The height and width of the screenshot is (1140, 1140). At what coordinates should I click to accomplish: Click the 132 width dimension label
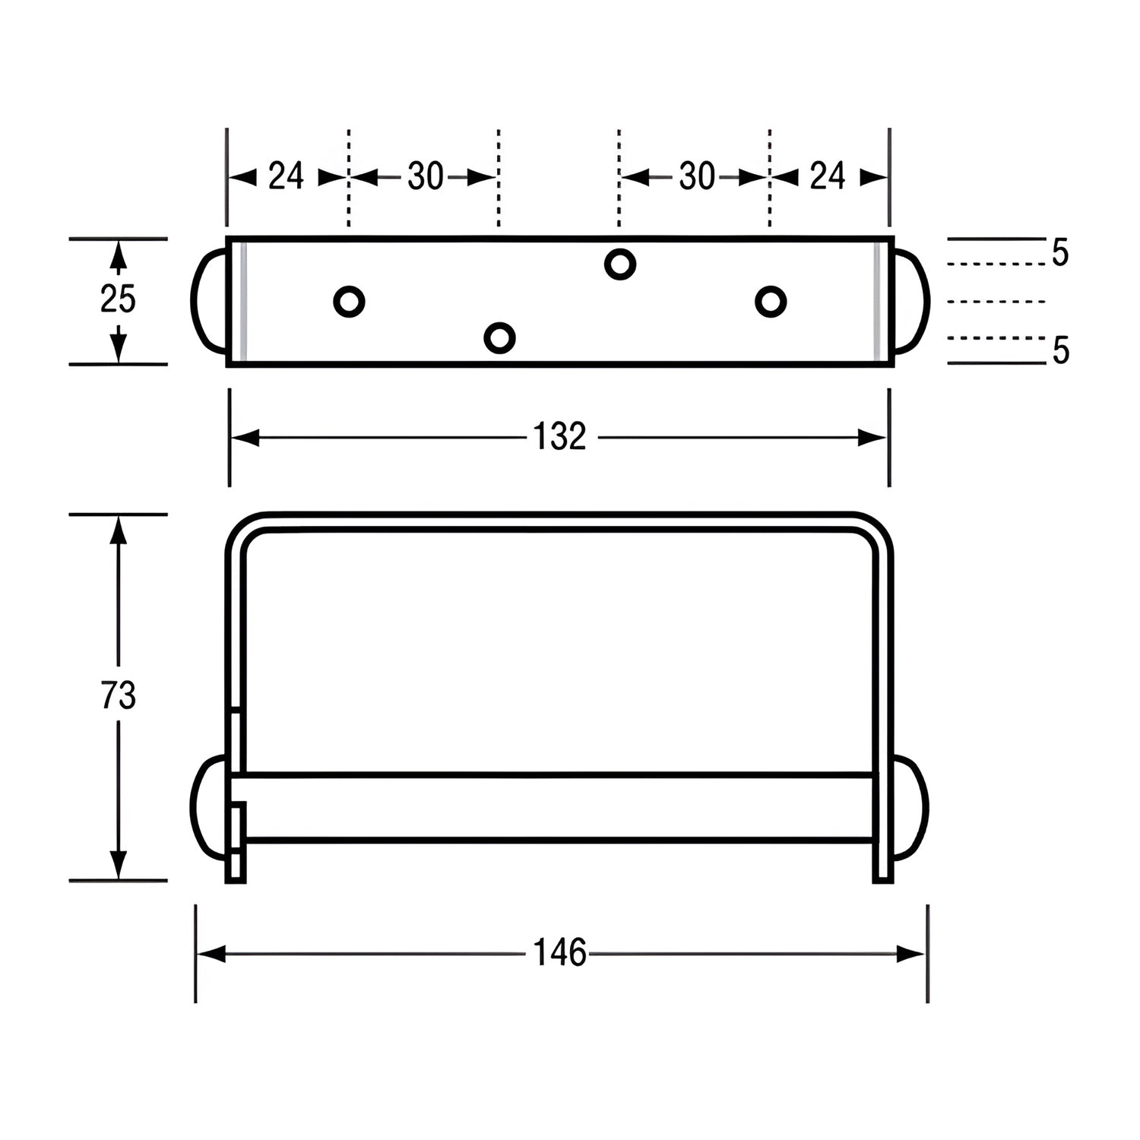pos(559,438)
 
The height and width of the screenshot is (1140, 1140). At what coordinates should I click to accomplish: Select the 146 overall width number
pos(559,953)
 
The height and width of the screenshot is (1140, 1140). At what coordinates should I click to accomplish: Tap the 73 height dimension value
pos(118,696)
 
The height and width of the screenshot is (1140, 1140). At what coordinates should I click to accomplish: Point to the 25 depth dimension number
pos(118,299)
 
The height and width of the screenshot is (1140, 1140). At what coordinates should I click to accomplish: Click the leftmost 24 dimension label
pos(287,177)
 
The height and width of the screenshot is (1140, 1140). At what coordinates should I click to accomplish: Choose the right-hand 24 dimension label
pos(828,177)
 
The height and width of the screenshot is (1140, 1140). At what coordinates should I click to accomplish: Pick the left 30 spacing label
pos(425,177)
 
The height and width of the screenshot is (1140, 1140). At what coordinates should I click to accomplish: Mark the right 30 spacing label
pos(696,177)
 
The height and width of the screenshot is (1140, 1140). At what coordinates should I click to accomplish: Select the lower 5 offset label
pos(1060,351)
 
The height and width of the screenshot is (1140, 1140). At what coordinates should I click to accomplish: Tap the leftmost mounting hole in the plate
pos(349,302)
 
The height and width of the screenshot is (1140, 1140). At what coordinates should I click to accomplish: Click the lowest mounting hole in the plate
pos(499,337)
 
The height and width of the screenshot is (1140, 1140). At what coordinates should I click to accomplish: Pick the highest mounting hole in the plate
pos(620,264)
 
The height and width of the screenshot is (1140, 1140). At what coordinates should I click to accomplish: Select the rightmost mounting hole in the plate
pos(771,302)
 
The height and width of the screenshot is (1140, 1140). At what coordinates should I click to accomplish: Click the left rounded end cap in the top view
pos(208,301)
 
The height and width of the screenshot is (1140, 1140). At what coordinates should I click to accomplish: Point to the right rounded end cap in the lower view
pos(910,807)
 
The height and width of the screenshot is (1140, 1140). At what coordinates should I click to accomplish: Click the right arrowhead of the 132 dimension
pos(872,438)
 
